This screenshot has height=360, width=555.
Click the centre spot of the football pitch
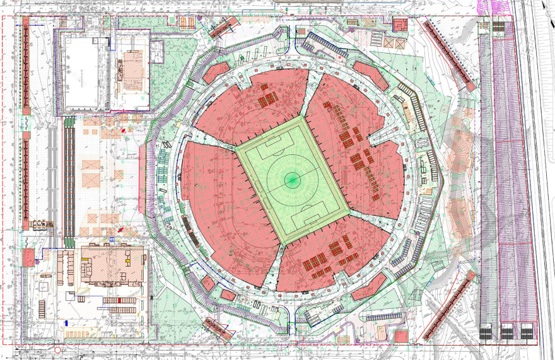[291, 180]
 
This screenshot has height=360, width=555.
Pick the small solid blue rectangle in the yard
[66, 322]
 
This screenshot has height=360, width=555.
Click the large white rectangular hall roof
[83, 73]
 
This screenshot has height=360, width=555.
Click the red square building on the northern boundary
[400, 25]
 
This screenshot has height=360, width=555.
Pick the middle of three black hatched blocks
[506, 332]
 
